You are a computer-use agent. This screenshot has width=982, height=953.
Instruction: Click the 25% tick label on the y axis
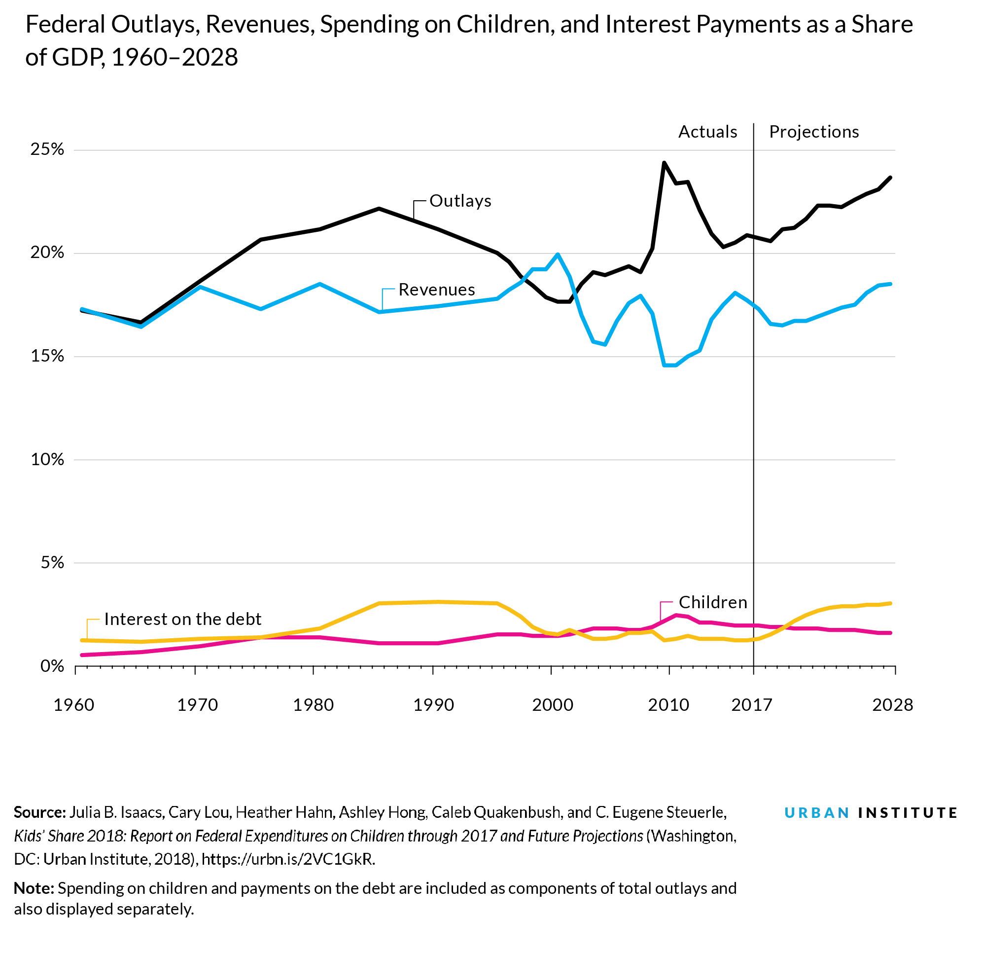click(x=48, y=149)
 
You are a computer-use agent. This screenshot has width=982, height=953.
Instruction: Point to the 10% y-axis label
click(x=48, y=459)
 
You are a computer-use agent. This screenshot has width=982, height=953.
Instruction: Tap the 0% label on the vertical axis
click(x=53, y=666)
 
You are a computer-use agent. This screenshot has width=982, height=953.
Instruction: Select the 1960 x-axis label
click(x=73, y=705)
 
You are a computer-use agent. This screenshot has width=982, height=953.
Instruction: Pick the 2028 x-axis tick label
click(x=892, y=705)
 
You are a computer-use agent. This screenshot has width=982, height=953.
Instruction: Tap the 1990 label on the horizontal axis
click(x=433, y=705)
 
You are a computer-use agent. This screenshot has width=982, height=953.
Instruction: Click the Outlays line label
click(x=460, y=201)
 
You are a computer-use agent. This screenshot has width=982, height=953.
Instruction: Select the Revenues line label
click(x=436, y=290)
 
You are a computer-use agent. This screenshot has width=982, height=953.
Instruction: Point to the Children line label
click(x=712, y=602)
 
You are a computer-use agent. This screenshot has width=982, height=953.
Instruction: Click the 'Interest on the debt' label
click(x=182, y=619)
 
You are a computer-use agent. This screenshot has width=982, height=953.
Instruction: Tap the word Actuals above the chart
click(x=707, y=132)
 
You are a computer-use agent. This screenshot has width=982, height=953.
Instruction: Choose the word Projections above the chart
click(x=814, y=132)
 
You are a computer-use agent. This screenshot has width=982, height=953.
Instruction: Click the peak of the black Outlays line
click(x=664, y=163)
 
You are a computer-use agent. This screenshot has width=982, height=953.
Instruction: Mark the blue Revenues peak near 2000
click(x=558, y=254)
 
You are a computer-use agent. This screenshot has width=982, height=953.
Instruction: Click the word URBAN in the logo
click(x=817, y=812)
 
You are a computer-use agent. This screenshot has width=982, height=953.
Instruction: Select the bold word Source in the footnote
click(x=39, y=812)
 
